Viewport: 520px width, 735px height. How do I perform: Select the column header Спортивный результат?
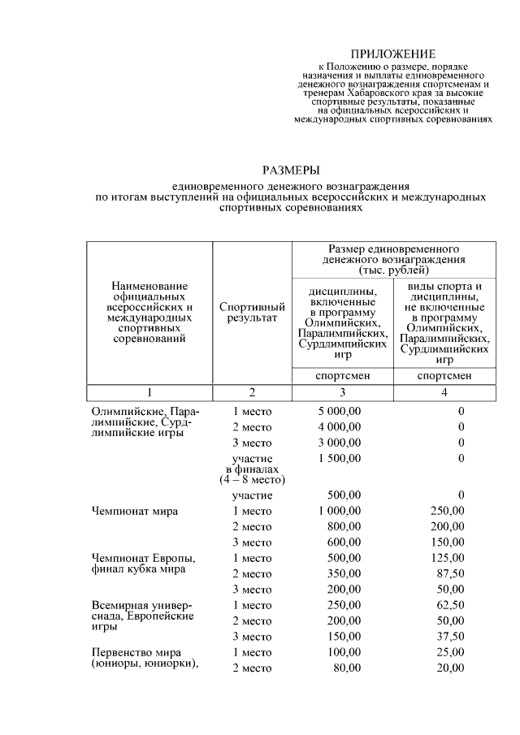click(252, 313)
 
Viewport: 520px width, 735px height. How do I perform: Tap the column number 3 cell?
click(341, 392)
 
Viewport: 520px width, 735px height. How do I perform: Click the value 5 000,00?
click(340, 412)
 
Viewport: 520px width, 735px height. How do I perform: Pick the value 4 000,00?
click(340, 427)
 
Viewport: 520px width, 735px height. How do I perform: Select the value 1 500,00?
click(340, 458)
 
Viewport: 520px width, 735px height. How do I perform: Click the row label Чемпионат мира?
click(135, 511)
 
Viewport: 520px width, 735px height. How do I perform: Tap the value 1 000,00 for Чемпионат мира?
click(340, 511)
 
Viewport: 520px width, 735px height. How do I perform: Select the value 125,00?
click(445, 558)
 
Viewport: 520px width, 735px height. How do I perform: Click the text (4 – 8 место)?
click(252, 479)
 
